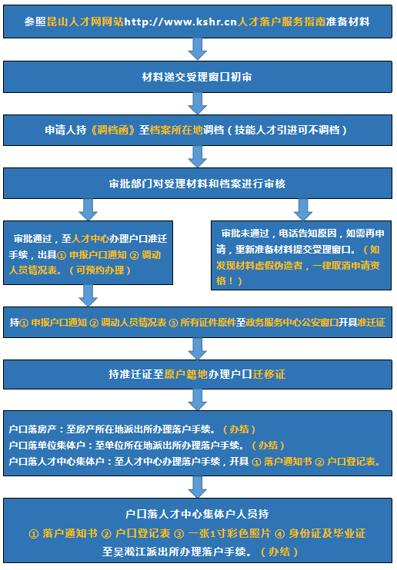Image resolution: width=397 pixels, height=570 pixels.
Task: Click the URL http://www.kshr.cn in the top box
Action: pos(181,22)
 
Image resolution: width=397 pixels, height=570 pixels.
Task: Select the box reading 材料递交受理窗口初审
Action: pos(198,77)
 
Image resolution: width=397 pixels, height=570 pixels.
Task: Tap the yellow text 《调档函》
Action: pos(113,130)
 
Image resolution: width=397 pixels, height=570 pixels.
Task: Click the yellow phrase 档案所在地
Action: pos(176,130)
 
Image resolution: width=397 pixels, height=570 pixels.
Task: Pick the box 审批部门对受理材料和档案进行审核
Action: pos(198,183)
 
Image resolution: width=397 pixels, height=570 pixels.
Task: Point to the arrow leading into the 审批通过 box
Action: pos(88,210)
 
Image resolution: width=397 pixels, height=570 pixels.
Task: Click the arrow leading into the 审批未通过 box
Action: pos(303,210)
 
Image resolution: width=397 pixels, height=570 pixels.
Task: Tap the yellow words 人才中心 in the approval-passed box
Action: pos(90,238)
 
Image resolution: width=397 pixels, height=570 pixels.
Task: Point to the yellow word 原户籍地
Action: pos(186,374)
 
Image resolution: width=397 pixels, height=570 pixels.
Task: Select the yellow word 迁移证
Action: pos(269,374)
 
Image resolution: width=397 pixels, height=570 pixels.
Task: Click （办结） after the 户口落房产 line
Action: pos(239,429)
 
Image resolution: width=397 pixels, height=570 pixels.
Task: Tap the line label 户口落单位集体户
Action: pos(47,445)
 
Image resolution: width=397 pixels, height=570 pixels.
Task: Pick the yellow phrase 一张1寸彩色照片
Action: pos(229,533)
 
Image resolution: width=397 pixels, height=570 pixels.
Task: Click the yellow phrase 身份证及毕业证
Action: pos(327,533)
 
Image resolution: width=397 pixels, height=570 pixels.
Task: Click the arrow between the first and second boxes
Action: pos(198,49)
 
